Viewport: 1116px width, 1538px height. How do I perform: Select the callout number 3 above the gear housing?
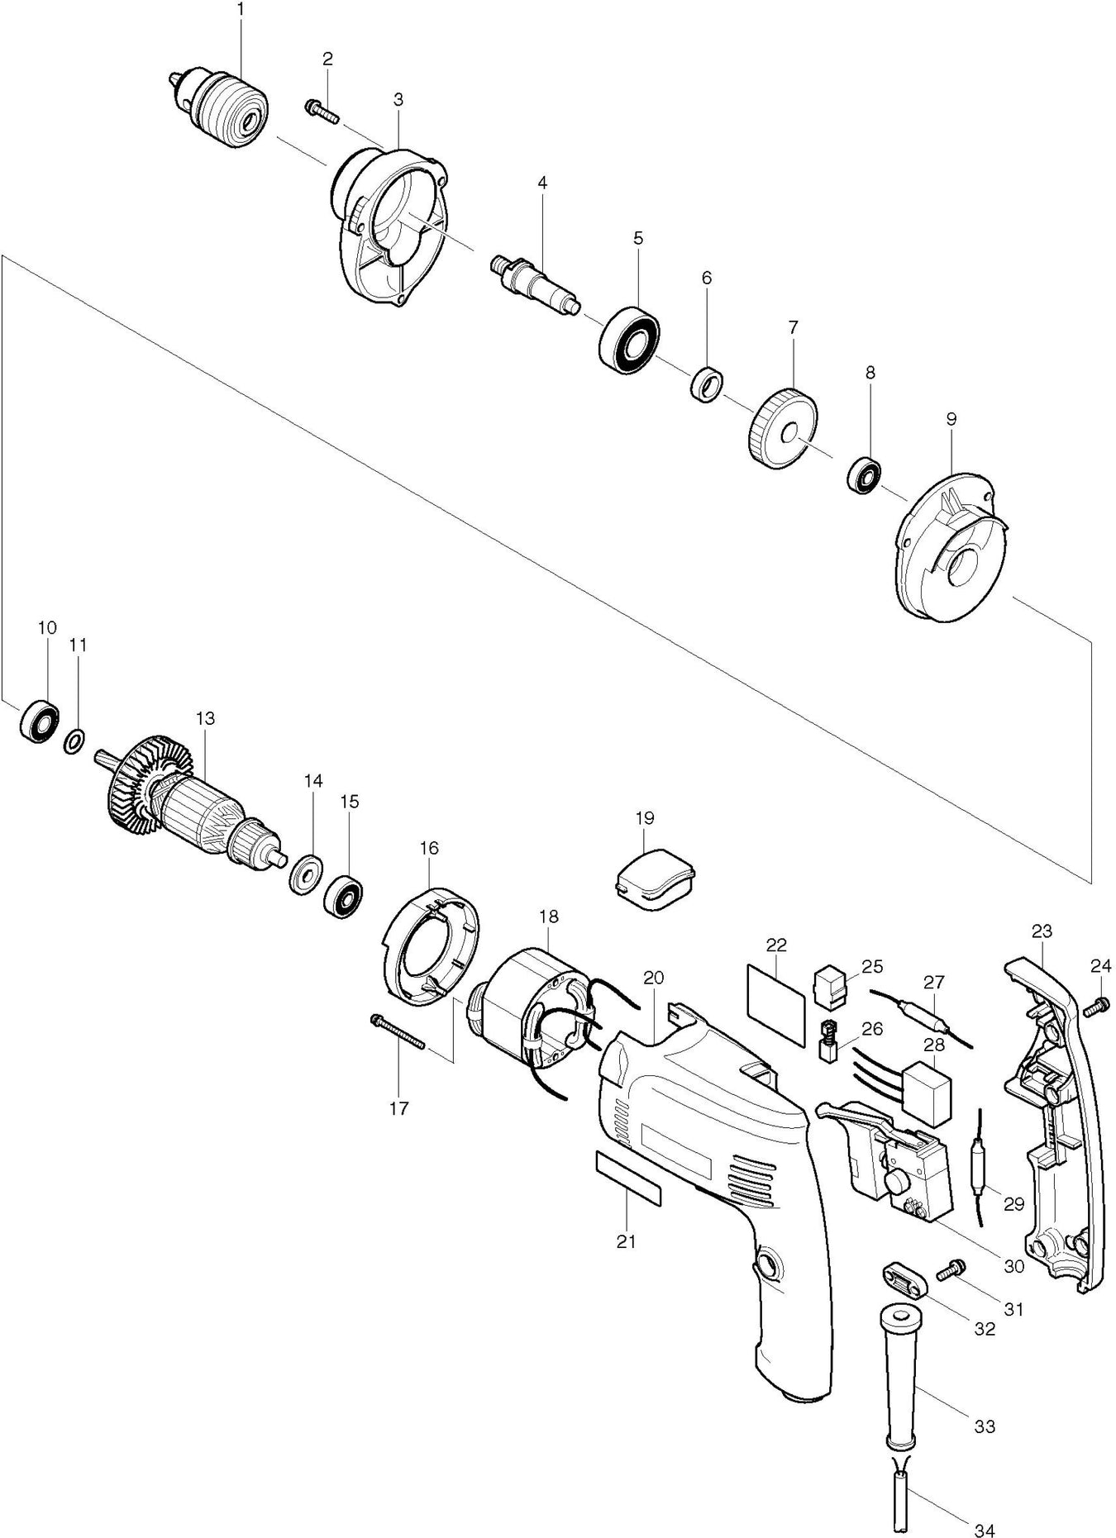click(x=398, y=100)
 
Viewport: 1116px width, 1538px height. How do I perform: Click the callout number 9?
click(x=951, y=419)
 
